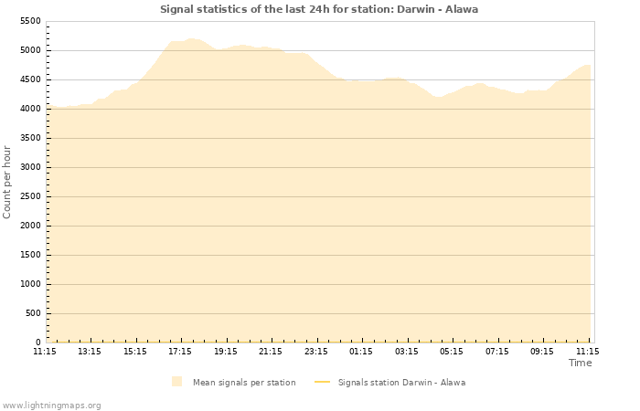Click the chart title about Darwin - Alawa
pyautogui.click(x=319, y=9)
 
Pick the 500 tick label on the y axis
pyautogui.click(x=33, y=313)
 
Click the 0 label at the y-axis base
pyautogui.click(x=38, y=342)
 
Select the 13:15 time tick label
pyautogui.click(x=90, y=351)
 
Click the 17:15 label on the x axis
pyautogui.click(x=180, y=351)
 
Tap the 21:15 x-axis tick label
pyautogui.click(x=271, y=351)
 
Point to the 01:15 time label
pyautogui.click(x=361, y=351)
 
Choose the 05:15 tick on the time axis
pyautogui.click(x=452, y=351)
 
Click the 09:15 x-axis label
pyautogui.click(x=542, y=351)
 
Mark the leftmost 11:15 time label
pyautogui.click(x=45, y=351)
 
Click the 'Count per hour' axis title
pyautogui.click(x=8, y=182)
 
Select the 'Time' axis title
pyautogui.click(x=580, y=363)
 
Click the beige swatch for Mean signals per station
pyautogui.click(x=176, y=382)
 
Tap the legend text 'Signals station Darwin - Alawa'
pyautogui.click(x=401, y=383)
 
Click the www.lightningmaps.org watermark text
pyautogui.click(x=51, y=405)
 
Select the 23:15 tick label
pyautogui.click(x=316, y=351)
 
